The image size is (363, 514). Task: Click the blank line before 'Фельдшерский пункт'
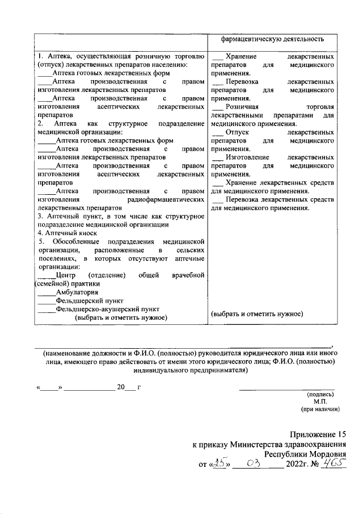click(47, 300)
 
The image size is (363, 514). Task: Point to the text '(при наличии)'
click(320, 408)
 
